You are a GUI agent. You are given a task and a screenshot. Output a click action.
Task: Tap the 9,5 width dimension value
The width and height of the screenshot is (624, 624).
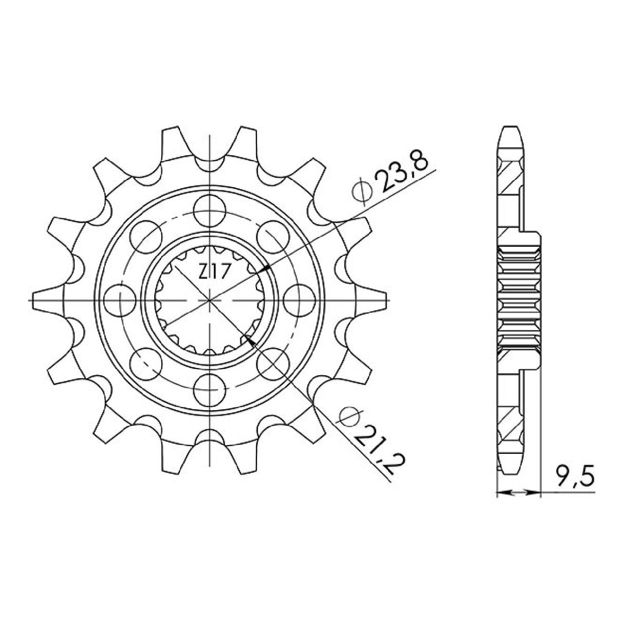click(576, 476)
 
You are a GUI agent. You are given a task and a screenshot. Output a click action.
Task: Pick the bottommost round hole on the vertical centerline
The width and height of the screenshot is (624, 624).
click(210, 389)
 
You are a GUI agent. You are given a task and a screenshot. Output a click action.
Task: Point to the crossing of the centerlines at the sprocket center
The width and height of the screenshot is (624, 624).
click(210, 299)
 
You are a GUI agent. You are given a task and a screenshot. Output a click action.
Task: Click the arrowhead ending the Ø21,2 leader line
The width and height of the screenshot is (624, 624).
click(250, 339)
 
